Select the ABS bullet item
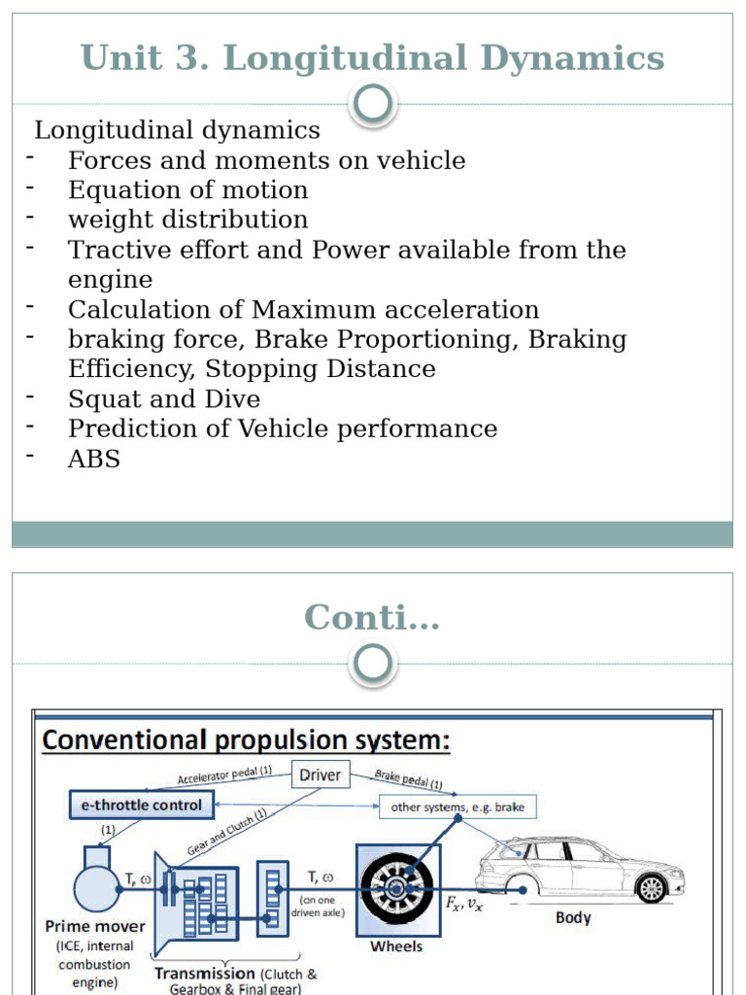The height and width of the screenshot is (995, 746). coord(94,460)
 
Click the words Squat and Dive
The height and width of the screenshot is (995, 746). coord(164,399)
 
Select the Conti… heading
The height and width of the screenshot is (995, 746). coord(373,617)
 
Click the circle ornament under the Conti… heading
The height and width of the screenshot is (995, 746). coord(374,665)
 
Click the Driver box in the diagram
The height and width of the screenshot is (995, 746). coord(321,774)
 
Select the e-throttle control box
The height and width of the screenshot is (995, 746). coord(142,805)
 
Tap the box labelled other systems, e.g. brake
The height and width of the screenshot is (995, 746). coord(458,806)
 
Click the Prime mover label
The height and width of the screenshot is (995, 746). coord(95,926)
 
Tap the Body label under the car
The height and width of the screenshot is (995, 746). coord(573,917)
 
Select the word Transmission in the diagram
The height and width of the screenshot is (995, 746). coord(205,973)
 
